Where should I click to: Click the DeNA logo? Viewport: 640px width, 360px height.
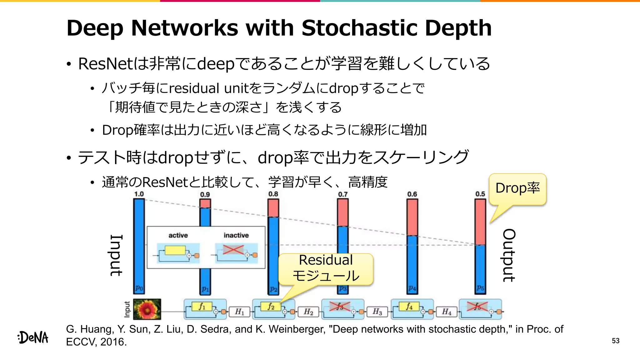coord(33,337)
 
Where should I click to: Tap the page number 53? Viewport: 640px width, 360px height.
coord(615,341)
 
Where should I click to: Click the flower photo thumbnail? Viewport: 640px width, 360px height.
coord(147,309)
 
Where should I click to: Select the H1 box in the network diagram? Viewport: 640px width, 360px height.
coord(239,312)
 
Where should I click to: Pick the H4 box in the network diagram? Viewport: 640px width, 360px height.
coord(447,312)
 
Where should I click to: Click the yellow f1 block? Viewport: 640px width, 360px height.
coord(202,306)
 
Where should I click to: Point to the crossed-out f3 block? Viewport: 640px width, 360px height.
coord(340,307)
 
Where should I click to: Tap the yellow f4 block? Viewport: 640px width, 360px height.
coord(409,306)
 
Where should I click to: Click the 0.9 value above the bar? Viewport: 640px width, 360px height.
coord(205,194)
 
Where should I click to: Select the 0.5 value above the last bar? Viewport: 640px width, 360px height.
coord(480,194)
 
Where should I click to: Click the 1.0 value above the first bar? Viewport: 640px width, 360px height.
coord(139,194)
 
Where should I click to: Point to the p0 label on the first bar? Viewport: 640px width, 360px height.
coord(139,288)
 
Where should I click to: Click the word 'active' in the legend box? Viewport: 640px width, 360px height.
coord(178,235)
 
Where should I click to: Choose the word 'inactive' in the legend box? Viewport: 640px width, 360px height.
coord(236,235)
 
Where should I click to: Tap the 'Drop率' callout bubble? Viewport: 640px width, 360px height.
coord(517,188)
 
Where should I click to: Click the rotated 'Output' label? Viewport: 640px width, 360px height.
coord(509,255)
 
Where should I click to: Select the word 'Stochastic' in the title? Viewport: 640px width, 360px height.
coord(360,28)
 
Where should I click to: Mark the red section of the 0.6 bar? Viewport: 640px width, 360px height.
coord(412,217)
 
